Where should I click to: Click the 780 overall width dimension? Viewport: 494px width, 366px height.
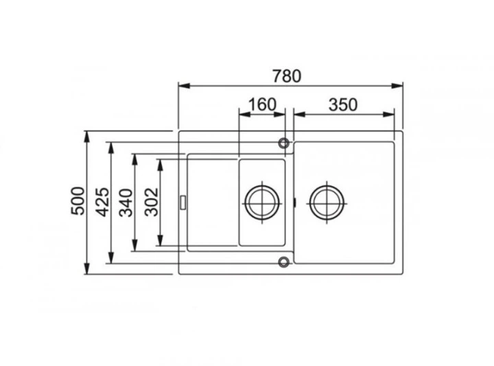(287, 76)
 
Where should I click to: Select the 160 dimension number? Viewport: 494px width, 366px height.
(262, 104)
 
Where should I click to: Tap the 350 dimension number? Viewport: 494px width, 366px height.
(343, 104)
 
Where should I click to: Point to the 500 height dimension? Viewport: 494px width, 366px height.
(78, 201)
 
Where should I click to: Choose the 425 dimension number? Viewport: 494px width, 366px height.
(103, 202)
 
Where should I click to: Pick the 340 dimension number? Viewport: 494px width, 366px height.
(126, 202)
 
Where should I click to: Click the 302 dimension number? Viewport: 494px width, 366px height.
(151, 202)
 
